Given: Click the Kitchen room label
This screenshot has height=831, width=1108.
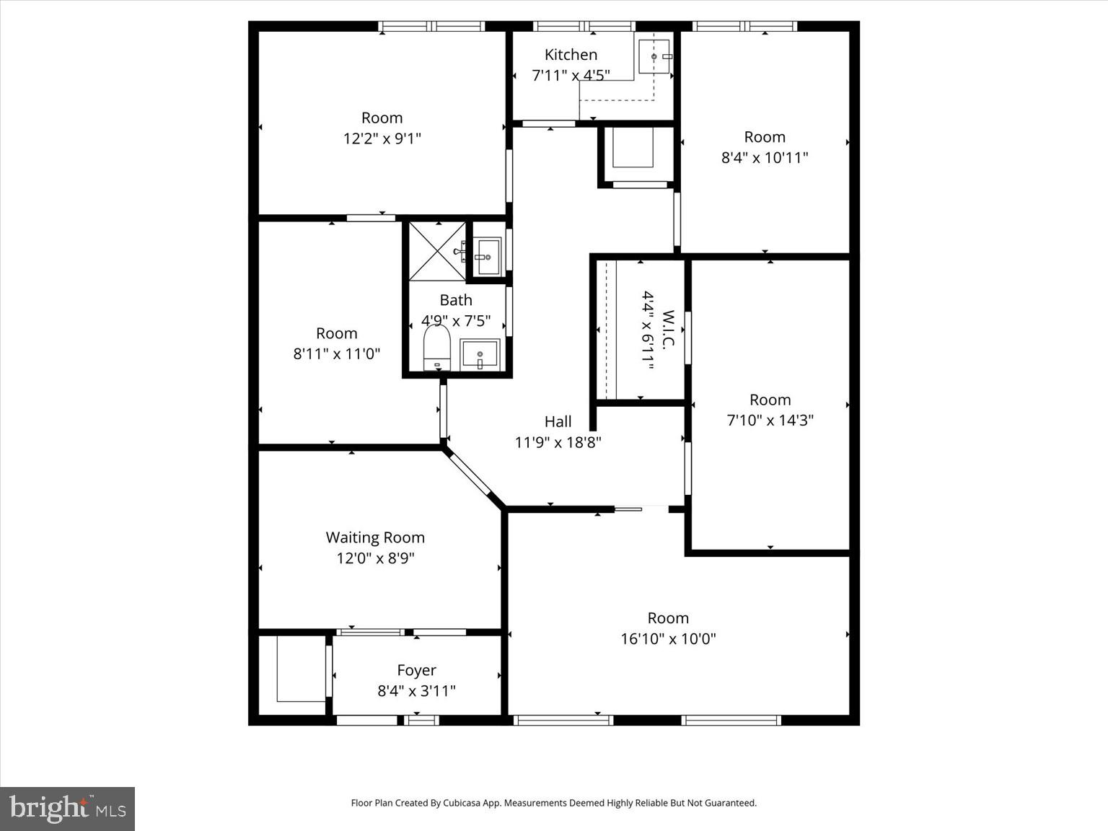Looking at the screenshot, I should (571, 55).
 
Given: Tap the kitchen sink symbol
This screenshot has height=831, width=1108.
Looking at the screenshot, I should (654, 56).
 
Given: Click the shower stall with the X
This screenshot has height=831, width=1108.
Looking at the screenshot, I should (437, 250).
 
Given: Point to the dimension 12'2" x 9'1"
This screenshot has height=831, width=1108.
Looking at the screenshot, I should (382, 138).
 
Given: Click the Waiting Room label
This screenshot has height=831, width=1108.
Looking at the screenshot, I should (375, 537).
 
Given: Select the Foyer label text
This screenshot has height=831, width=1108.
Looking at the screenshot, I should (416, 670).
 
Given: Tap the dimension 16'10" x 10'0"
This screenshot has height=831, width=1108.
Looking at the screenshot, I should (668, 638).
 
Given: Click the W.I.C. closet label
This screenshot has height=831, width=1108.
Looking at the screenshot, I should (668, 330).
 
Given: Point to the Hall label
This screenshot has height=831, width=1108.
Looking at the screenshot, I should (558, 421).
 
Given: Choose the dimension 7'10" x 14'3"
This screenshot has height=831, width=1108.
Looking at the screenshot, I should (770, 420).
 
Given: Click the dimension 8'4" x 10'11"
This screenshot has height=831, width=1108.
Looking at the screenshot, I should (765, 157).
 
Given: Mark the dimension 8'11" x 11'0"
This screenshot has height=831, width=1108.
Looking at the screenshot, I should (336, 353).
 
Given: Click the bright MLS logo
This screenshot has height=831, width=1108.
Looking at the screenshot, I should (67, 809).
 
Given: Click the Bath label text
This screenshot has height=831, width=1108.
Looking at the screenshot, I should (456, 300).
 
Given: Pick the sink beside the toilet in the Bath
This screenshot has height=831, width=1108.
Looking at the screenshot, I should (480, 355).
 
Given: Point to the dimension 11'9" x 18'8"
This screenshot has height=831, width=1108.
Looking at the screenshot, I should (558, 442).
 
